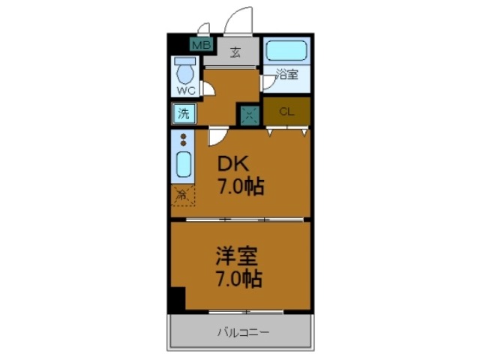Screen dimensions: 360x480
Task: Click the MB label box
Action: [x=199, y=45]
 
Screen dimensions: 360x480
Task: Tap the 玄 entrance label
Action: [x=235, y=52]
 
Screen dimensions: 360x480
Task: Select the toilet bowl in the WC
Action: [x=184, y=73]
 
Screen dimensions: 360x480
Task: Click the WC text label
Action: [x=185, y=91]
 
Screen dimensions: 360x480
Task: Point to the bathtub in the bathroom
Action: [x=286, y=50]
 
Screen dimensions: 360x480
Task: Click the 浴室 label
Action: [x=286, y=75]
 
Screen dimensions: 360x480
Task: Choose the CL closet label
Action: [x=286, y=112]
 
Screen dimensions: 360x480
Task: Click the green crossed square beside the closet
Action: [x=249, y=115]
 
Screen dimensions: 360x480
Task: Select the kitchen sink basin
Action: [x=183, y=163]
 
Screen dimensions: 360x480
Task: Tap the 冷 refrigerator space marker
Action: [x=182, y=195]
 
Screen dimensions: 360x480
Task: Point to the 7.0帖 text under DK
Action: [x=240, y=187]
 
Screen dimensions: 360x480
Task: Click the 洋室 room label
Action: [x=237, y=257]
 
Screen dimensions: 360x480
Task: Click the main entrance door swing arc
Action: [x=241, y=21]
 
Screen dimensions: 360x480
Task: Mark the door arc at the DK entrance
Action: [x=217, y=136]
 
